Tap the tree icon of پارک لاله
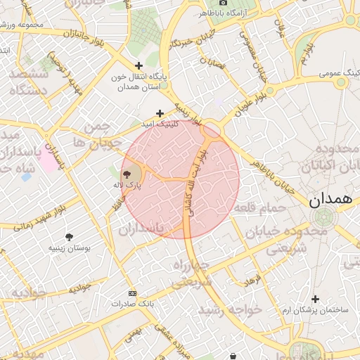click(127, 174)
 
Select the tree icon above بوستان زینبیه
click(68, 238)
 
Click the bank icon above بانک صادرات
click(131, 293)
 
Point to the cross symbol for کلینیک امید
click(160, 112)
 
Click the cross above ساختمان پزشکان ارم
click(315, 300)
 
